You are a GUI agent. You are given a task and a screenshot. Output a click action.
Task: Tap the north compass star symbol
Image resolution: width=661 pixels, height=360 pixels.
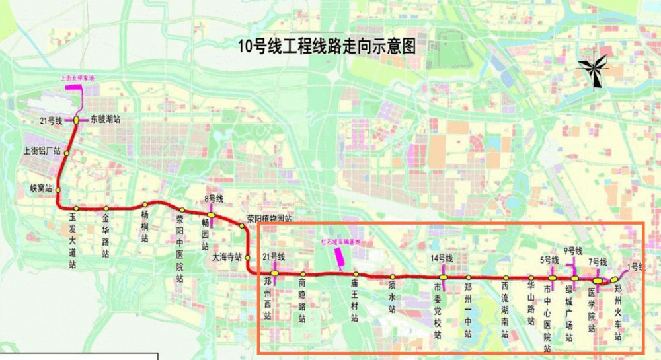pyautogui.click(x=593, y=68)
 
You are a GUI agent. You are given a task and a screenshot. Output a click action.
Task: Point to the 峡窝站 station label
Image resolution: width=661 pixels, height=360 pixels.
pyautogui.click(x=41, y=189)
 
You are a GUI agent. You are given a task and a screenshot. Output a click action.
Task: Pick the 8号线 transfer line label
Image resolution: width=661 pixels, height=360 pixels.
pyautogui.click(x=214, y=199)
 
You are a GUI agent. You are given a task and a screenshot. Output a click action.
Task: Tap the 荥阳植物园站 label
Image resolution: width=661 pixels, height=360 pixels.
pyautogui.click(x=269, y=219)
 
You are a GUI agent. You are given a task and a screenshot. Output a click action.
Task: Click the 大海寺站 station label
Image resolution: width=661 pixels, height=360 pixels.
pyautogui.click(x=227, y=257)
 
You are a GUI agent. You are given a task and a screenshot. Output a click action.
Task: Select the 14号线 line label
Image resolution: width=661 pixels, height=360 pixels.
pyautogui.click(x=442, y=258)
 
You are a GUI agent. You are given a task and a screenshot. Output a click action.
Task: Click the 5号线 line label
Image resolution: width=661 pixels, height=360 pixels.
pyautogui.click(x=549, y=260)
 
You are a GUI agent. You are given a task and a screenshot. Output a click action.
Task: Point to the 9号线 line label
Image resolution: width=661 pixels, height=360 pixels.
pyautogui.click(x=573, y=251)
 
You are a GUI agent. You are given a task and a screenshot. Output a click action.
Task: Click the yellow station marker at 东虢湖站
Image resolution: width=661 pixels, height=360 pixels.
pyautogui.click(x=77, y=120)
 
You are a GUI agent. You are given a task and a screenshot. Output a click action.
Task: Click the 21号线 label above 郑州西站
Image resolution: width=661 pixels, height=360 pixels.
pyautogui.click(x=274, y=256)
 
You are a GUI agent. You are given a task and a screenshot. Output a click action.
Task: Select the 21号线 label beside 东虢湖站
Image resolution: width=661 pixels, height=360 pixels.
pyautogui.click(x=50, y=120)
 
